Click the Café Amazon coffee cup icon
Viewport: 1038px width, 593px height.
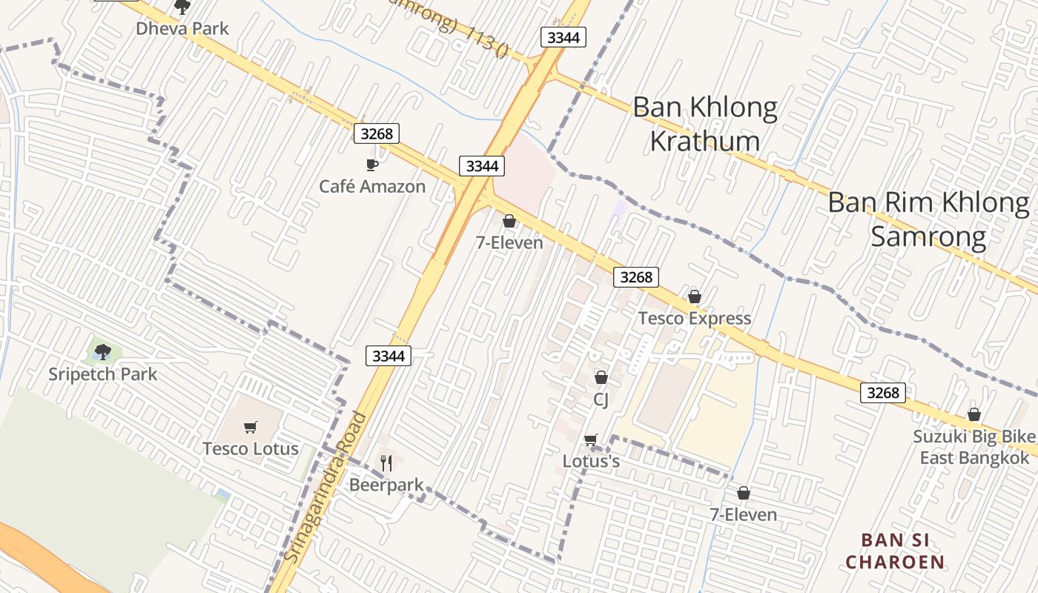[372, 165]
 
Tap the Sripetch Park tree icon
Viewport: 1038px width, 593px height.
[103, 351]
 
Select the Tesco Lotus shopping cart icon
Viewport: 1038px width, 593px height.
[250, 427]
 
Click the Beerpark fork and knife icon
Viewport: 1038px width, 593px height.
[386, 463]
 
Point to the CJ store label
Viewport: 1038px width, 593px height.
[601, 400]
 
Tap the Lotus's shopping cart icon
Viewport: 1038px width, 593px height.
[590, 440]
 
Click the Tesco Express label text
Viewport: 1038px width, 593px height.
[695, 319]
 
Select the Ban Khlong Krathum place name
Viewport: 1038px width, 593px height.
[705, 124]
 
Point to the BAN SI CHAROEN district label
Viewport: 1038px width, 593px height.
[896, 551]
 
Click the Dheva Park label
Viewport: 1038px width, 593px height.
[182, 29]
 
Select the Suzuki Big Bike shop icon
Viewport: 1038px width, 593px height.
[974, 414]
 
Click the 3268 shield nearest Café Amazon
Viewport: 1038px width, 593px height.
[376, 133]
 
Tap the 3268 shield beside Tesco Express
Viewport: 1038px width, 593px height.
[636, 277]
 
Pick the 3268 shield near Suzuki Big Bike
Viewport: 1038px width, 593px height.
[883, 392]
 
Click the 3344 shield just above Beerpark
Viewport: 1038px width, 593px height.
[389, 356]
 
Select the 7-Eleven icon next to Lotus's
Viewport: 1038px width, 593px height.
[744, 493]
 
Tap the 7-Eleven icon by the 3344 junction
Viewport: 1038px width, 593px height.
[509, 221]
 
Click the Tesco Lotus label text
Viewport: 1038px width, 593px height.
[251, 448]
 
